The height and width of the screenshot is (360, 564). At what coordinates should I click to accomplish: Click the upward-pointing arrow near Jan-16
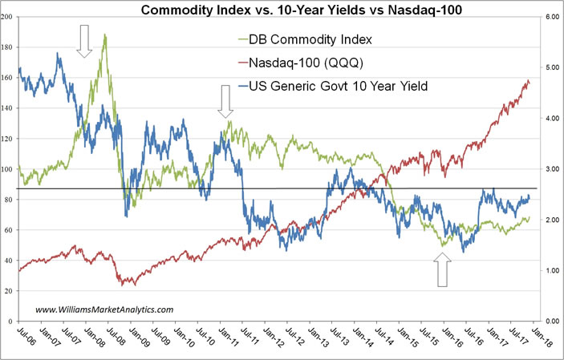point(442,270)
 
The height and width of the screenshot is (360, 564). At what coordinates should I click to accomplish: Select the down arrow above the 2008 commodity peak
point(85,40)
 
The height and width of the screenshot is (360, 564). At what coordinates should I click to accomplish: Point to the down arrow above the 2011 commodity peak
point(225,102)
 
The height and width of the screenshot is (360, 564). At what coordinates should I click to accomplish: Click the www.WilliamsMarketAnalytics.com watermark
point(104,309)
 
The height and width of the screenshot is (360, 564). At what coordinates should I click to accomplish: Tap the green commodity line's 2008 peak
point(105,35)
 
